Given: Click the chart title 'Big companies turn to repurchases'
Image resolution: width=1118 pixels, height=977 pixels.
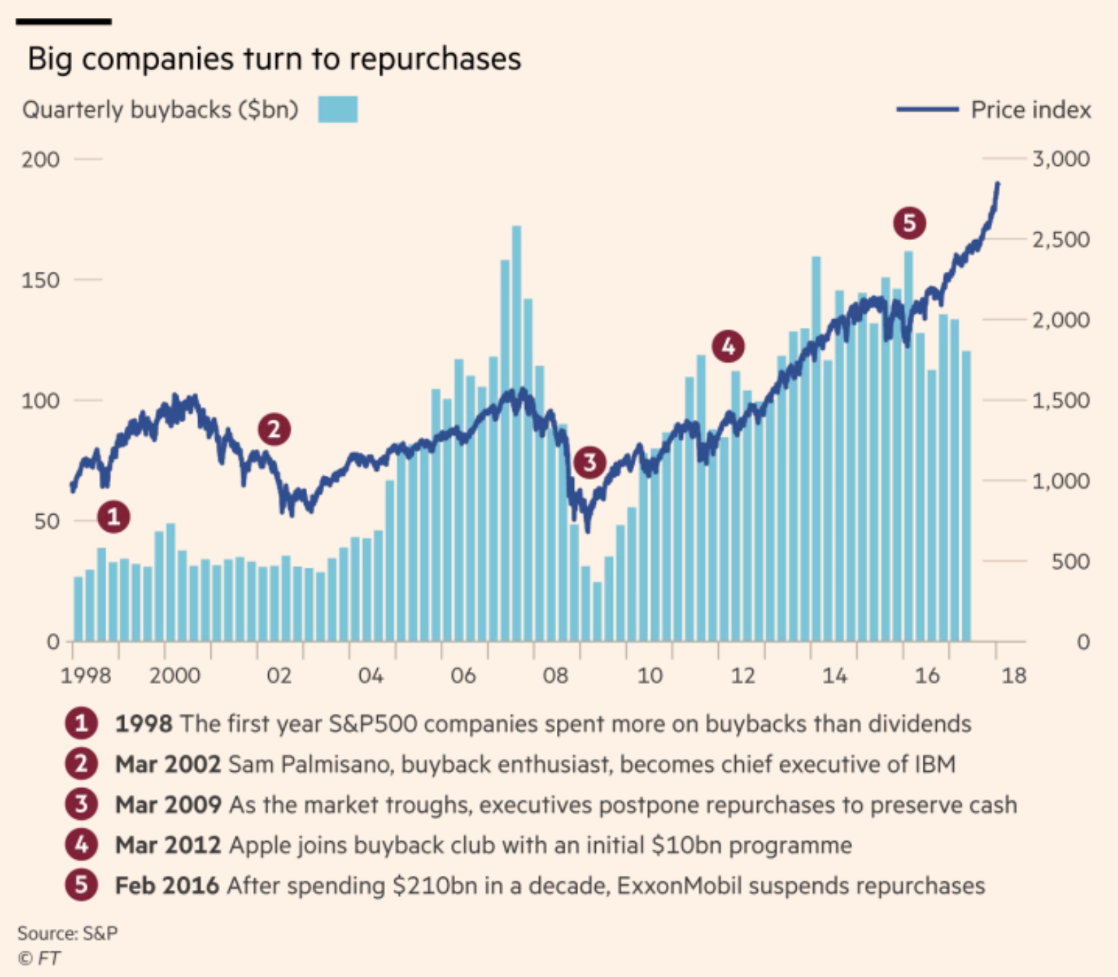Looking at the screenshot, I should [274, 59].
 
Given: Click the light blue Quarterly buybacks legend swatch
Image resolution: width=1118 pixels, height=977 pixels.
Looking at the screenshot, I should [338, 110].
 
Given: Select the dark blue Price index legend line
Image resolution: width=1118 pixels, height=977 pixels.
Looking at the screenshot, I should [927, 110].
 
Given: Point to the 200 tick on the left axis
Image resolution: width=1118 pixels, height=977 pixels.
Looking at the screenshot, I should [40, 159].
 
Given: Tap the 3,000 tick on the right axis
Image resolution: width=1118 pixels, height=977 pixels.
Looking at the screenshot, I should [1061, 159].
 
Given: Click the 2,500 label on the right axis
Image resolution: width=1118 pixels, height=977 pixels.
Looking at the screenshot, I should [1061, 239].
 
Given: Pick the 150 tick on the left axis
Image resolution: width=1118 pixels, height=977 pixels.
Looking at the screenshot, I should [40, 280].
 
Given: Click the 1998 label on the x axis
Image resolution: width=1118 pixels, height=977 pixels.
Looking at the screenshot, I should [86, 675].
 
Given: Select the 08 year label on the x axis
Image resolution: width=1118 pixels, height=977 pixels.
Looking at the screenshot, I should [555, 675].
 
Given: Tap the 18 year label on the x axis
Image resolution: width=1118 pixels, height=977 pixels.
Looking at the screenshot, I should [1013, 675].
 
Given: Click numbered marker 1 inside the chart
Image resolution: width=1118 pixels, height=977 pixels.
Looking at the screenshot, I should [114, 516].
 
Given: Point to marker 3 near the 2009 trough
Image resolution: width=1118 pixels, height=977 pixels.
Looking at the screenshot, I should [589, 463].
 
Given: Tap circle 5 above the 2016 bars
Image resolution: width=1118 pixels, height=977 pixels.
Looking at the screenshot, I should [909, 223].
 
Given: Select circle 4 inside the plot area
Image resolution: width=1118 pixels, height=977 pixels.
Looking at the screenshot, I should [728, 346].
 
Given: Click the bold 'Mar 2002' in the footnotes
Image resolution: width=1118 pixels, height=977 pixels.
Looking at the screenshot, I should [168, 765].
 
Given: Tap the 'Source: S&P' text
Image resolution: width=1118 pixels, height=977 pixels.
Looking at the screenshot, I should [67, 933].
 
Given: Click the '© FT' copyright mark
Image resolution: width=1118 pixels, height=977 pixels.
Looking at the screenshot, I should [40, 959].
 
